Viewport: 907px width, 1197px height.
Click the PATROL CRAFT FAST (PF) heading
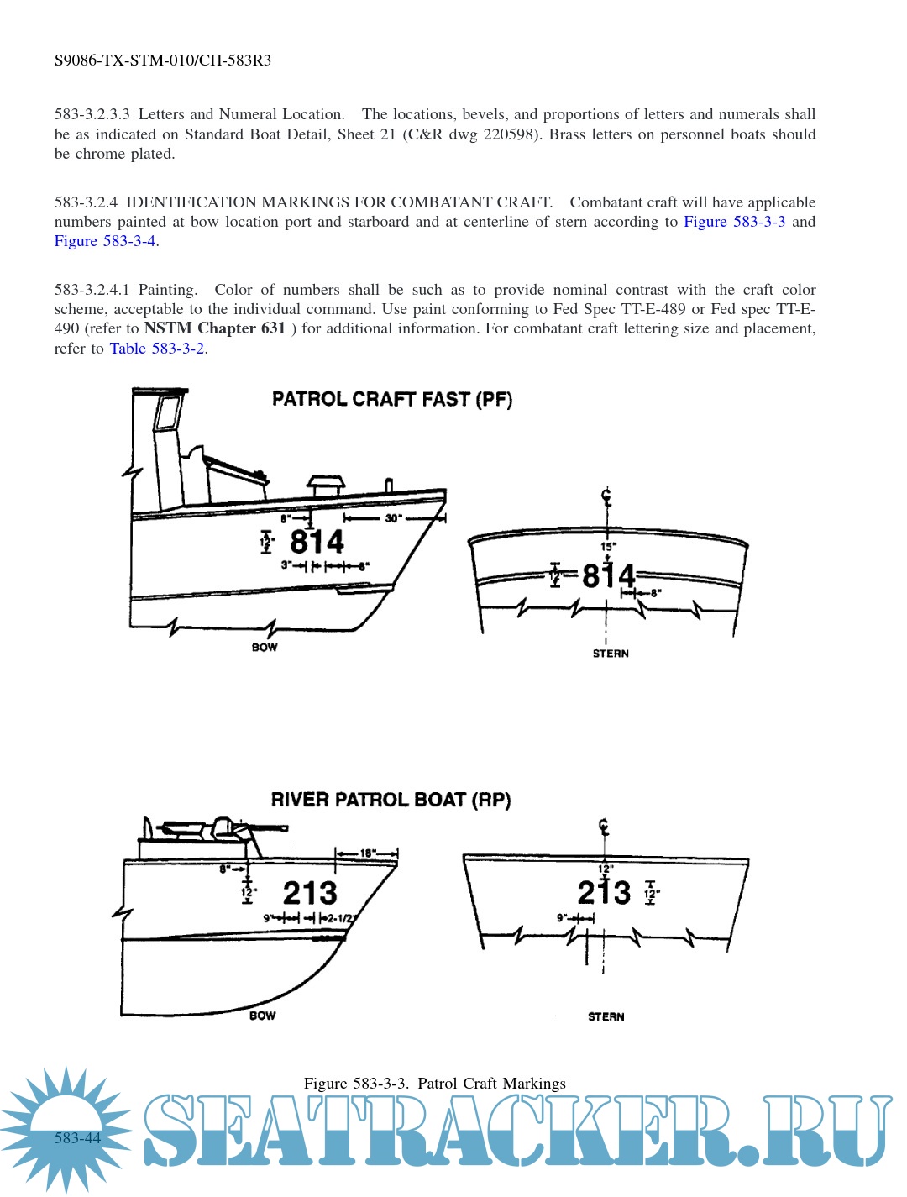(391, 399)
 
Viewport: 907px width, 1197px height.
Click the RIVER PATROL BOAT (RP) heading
(391, 800)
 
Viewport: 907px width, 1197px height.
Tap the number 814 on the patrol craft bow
(317, 542)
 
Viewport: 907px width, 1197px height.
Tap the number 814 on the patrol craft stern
(608, 576)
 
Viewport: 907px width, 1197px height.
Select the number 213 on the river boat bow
(310, 892)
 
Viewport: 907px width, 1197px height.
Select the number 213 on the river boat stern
(604, 892)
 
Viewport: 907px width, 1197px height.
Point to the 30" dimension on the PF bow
(392, 518)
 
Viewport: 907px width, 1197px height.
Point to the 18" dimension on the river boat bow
(367, 853)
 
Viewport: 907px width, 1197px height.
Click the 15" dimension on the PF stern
(608, 547)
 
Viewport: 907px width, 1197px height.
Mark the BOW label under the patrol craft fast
(265, 648)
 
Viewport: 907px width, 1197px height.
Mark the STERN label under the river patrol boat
(606, 1016)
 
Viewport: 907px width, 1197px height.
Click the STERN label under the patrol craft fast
(611, 654)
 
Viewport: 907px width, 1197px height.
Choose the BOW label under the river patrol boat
(262, 1016)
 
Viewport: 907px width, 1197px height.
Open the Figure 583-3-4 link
(105, 241)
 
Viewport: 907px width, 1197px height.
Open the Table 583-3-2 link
(157, 349)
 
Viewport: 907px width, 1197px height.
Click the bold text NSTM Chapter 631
(214, 328)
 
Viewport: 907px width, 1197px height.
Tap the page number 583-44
(77, 1138)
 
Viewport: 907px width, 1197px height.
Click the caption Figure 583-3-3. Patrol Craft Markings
(434, 1084)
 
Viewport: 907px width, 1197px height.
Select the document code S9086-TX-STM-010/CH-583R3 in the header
(163, 60)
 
